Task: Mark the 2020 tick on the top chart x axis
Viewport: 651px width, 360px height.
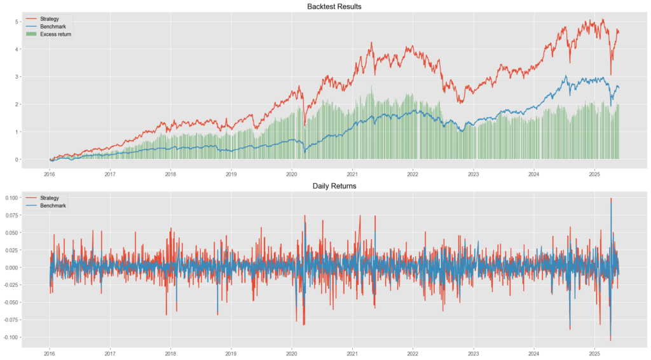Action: pos(291,173)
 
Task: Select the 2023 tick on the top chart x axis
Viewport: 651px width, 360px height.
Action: pos(473,173)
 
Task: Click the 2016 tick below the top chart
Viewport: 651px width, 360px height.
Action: pos(49,173)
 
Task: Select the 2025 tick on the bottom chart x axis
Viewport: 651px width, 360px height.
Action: pos(594,352)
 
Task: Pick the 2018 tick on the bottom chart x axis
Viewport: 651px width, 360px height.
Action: pos(170,352)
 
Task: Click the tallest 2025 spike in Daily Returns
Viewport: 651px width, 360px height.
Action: pos(611,199)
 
